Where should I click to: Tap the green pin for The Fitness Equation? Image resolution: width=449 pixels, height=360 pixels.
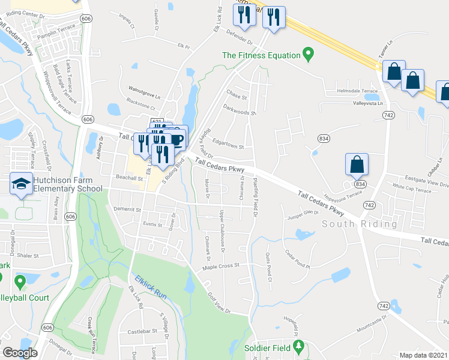tap(309, 55)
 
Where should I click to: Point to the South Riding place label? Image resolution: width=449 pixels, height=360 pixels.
tap(360, 224)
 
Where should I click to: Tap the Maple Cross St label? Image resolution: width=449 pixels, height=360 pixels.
tap(221, 266)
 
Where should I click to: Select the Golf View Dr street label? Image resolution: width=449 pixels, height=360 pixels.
tap(219, 302)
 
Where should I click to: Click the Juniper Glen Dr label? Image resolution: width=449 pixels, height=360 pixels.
tap(303, 214)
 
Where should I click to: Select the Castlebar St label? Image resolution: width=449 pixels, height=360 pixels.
tap(142, 331)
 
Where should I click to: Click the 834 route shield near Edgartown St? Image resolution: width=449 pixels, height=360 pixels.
tap(324, 139)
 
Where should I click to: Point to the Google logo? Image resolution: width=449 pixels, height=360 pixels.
tap(20, 353)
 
